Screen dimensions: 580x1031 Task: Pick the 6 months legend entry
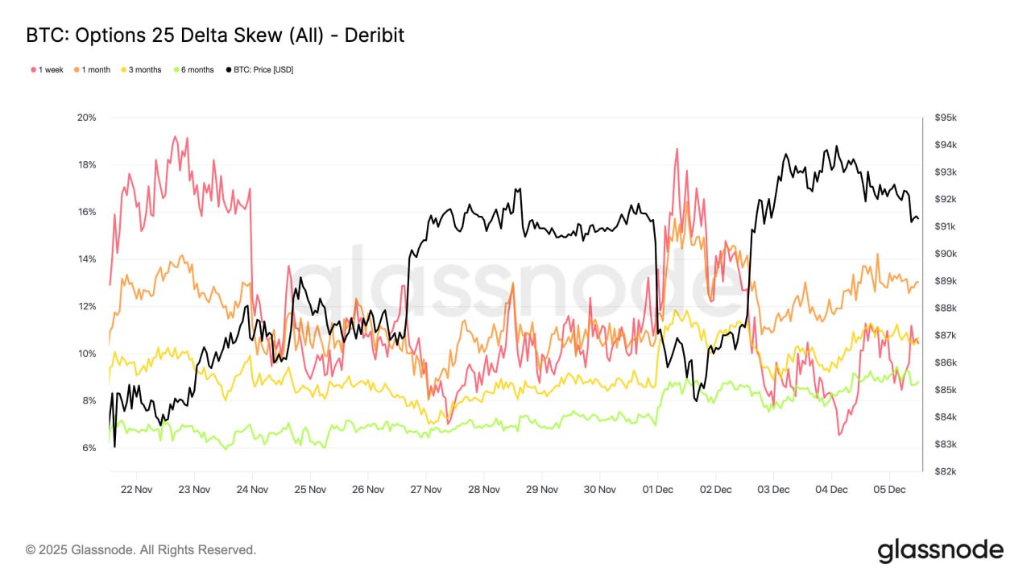pos(193,70)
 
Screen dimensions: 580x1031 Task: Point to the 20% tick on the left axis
pos(86,118)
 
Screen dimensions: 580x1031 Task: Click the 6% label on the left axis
pos(89,448)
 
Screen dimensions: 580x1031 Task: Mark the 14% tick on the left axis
pos(86,259)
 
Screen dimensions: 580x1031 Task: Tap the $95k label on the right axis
pos(946,118)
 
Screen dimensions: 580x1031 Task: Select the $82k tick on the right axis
pos(946,471)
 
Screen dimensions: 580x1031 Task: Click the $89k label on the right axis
pos(946,281)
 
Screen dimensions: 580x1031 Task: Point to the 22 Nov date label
pos(136,489)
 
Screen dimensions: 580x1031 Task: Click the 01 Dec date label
pos(658,489)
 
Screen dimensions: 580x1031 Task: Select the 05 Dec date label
pos(890,489)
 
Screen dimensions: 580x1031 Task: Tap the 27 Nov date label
pos(426,489)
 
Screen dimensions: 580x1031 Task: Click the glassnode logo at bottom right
pos(940,551)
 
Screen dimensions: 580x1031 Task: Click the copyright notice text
pos(141,550)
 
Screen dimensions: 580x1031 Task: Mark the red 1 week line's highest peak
pos(175,137)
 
